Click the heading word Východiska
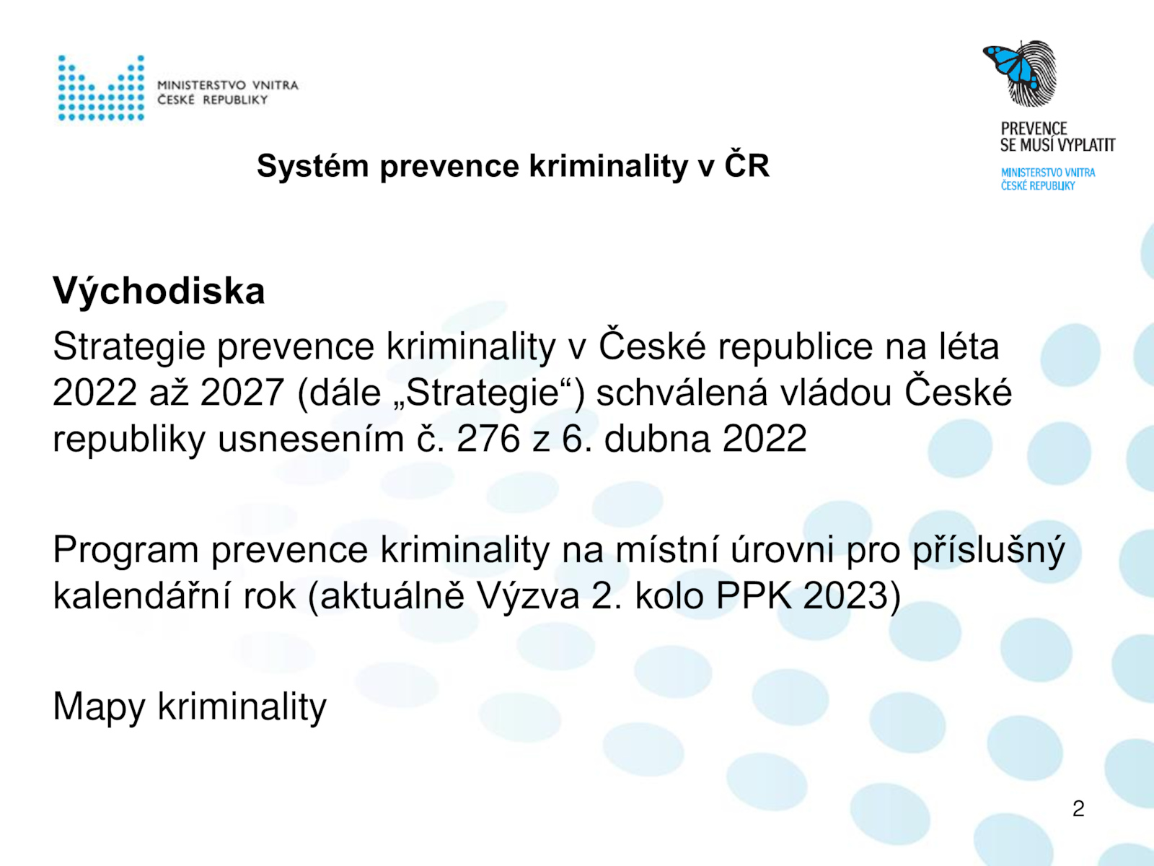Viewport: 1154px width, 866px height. (159, 290)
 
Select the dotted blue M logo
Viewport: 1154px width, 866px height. (101, 88)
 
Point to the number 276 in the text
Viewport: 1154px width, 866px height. (488, 439)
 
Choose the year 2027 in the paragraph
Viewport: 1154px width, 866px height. (242, 393)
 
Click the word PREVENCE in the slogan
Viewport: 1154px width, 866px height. (1034, 128)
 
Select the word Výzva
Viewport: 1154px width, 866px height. (527, 596)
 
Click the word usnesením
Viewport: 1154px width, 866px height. (311, 439)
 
